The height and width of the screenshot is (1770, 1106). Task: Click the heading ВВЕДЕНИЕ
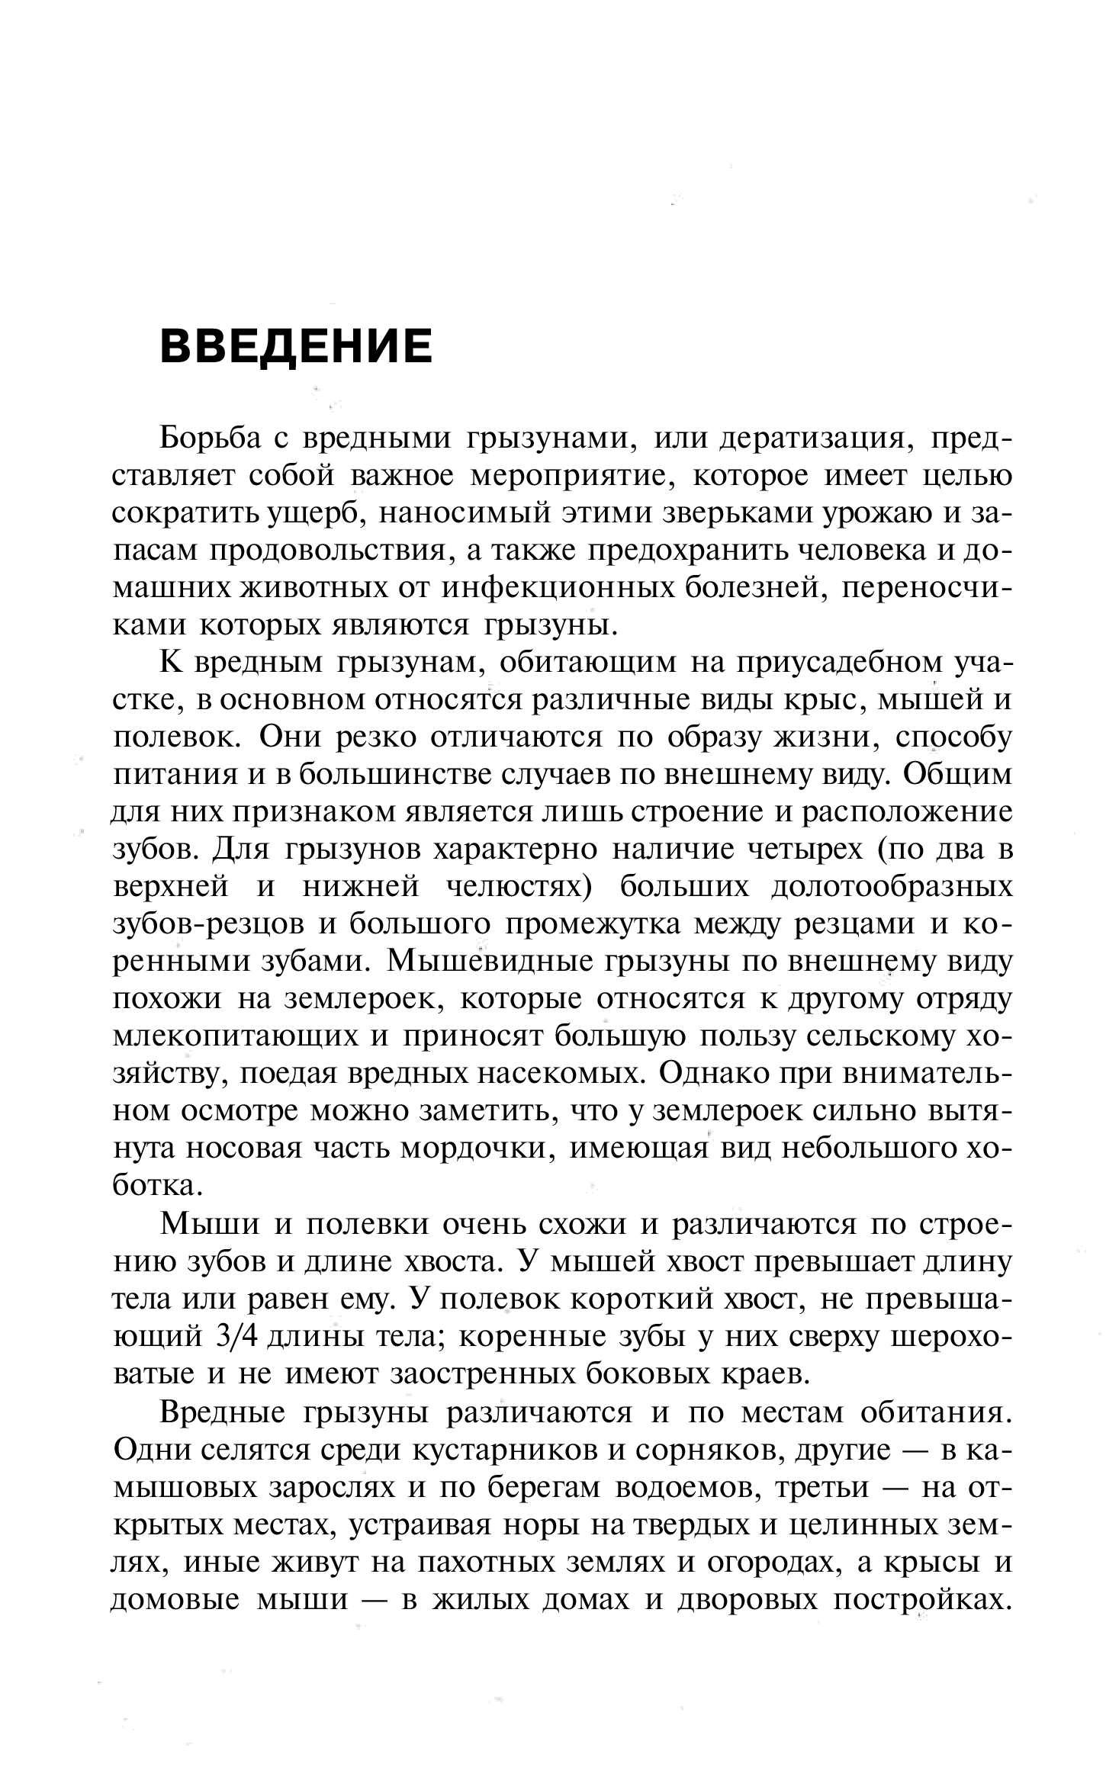(x=296, y=345)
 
